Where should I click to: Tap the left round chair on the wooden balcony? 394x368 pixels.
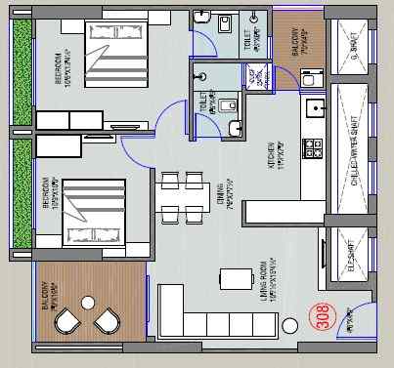67,322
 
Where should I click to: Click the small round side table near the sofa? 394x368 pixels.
289,322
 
